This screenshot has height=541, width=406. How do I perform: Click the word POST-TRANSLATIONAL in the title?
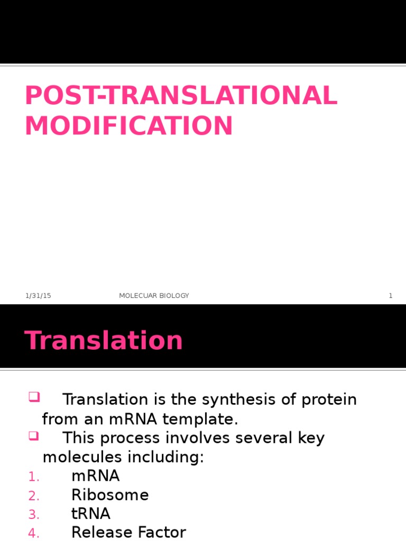coord(181,96)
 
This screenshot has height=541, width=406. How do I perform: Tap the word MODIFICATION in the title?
coord(128,126)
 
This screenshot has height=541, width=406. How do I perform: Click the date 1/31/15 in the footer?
coord(38,296)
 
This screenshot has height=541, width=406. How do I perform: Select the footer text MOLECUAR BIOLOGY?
coord(154,296)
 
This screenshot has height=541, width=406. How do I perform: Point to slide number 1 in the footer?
coord(391,296)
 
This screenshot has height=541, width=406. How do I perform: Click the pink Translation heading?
coord(104,340)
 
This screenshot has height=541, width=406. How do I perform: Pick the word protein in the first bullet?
coord(329,399)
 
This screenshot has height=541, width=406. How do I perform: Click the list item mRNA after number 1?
coord(95,476)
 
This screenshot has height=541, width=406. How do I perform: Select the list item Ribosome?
coord(110,495)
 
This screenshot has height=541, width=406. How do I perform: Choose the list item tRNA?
coord(90,514)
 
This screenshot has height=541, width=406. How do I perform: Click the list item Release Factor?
coord(128,532)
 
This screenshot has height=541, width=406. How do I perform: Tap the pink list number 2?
coord(34,496)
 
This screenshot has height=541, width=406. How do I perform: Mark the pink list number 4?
coord(34,534)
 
